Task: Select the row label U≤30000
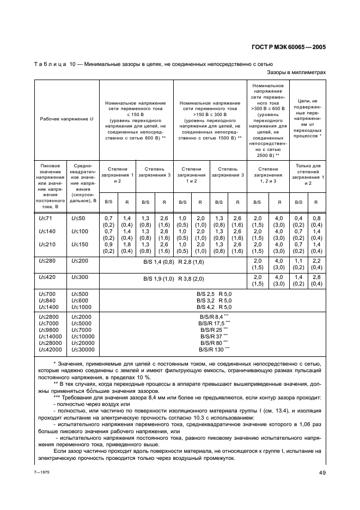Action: coord(82,349)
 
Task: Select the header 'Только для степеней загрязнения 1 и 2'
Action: coord(307,174)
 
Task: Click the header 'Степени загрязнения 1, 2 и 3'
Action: coord(268,174)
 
